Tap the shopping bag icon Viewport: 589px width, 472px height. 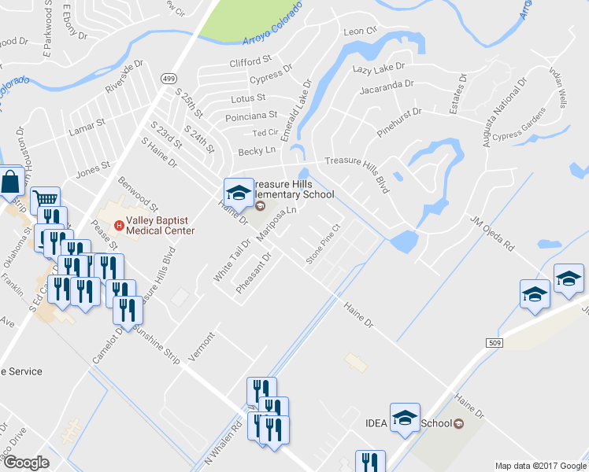click(x=11, y=183)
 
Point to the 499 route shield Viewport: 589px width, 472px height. click(x=168, y=79)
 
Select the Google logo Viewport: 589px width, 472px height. click(x=26, y=463)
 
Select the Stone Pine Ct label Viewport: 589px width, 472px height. click(x=322, y=244)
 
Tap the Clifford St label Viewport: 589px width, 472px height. click(x=250, y=60)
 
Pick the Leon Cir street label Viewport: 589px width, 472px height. click(x=361, y=31)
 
